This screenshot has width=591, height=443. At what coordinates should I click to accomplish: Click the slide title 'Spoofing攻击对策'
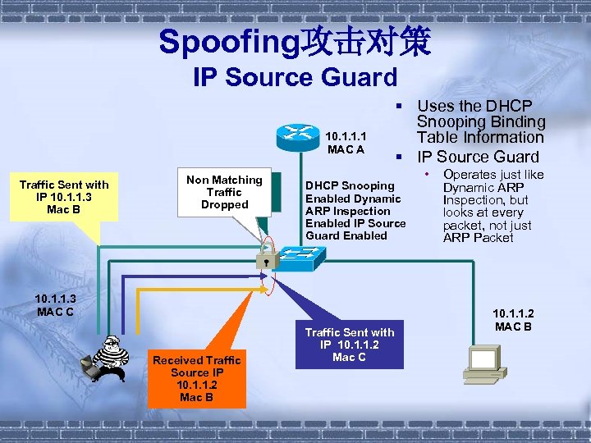click(x=295, y=42)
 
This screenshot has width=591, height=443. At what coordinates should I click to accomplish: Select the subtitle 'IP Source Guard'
click(x=295, y=78)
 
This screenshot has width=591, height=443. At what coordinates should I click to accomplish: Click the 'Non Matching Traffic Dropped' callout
click(x=224, y=192)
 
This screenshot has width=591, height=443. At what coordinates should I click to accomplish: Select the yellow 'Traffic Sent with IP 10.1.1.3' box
click(x=64, y=198)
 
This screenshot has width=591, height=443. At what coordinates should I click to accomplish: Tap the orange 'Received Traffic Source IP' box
click(x=197, y=378)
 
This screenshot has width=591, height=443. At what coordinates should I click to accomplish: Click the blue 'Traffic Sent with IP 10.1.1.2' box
click(x=350, y=345)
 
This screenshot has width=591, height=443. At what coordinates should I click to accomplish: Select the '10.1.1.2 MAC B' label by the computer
click(x=514, y=320)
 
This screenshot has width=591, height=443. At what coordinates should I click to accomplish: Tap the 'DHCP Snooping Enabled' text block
click(x=355, y=211)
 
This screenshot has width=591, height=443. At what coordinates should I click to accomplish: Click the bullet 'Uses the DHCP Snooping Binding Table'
click(x=480, y=121)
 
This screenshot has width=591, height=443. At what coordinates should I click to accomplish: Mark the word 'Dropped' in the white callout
click(x=224, y=204)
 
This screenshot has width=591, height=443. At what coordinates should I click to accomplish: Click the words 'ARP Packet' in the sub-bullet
click(x=478, y=238)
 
